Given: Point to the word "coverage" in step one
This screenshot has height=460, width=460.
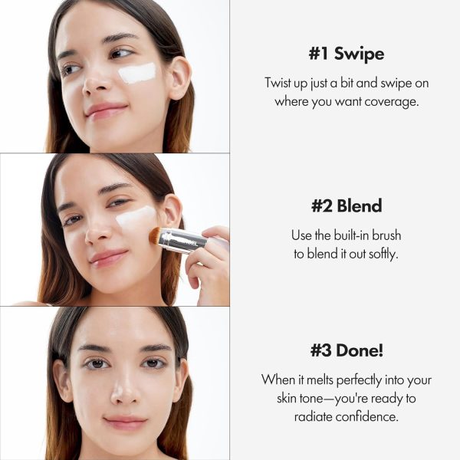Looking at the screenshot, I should coord(393,101).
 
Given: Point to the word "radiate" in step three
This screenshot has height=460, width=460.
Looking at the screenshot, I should coord(314,416).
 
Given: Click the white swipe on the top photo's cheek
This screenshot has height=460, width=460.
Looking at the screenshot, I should coord(137,74).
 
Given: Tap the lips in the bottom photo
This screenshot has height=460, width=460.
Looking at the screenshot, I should coord(124,422).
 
